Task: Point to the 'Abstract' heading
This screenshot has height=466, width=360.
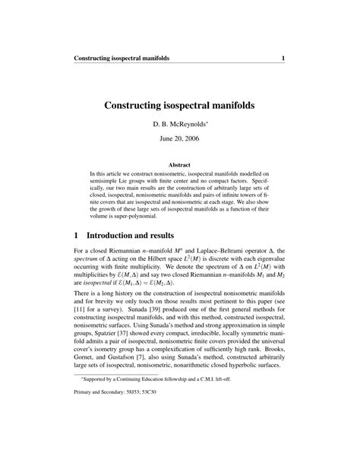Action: pos(179,163)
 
